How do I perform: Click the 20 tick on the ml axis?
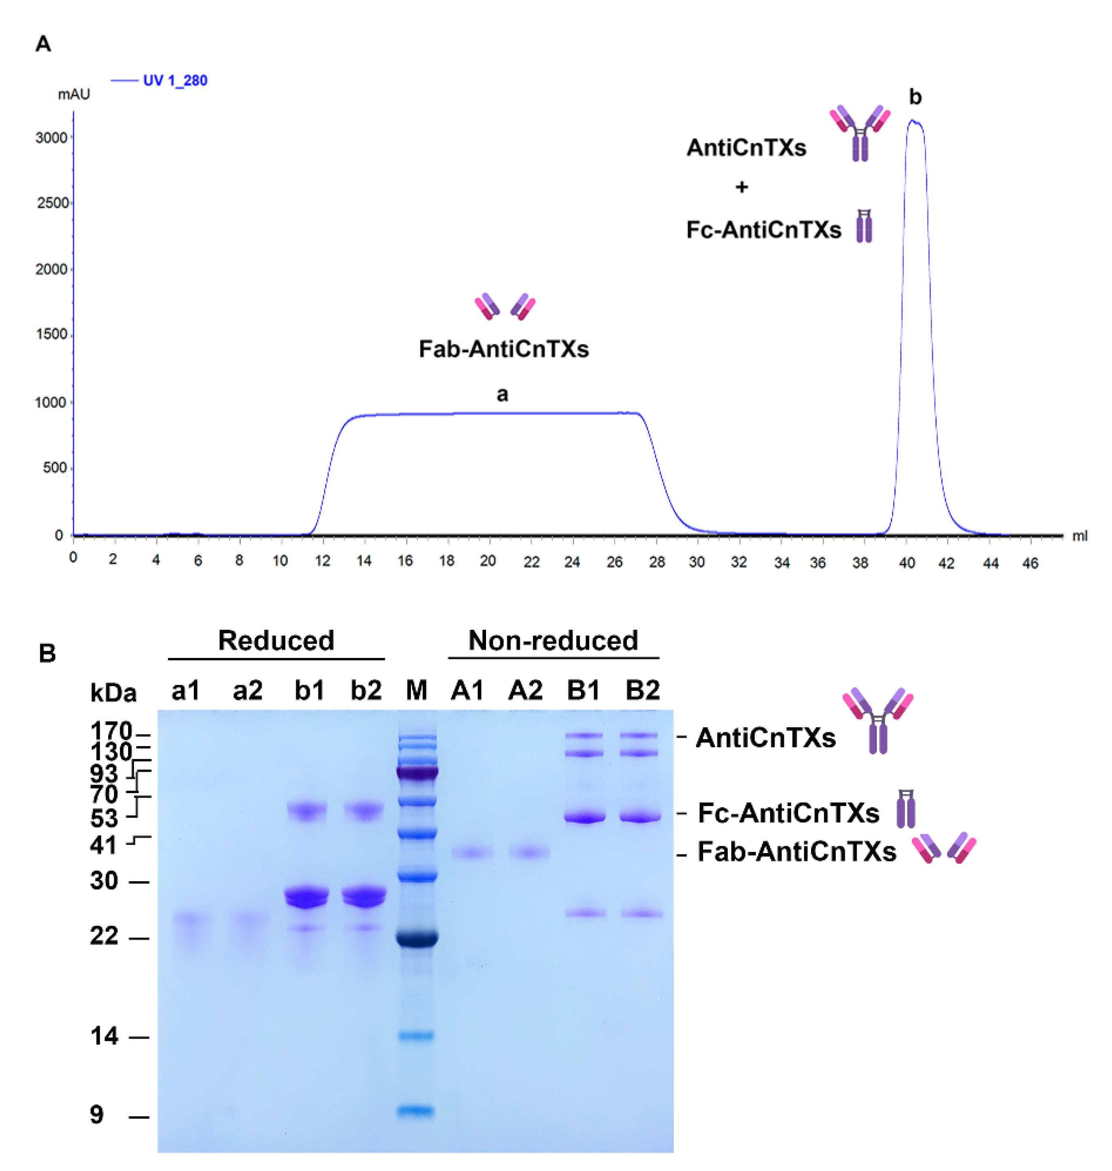tap(487, 561)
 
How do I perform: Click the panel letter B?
tap(47, 653)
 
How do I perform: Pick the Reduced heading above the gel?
tap(276, 640)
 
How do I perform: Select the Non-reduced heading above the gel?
tap(553, 640)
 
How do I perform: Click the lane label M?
tap(416, 690)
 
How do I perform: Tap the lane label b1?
tap(309, 690)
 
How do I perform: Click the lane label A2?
tap(525, 690)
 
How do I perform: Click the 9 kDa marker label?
tap(97, 1115)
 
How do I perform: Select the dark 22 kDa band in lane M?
tap(417, 938)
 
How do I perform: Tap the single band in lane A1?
tap(472, 853)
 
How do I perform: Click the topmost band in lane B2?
tap(639, 735)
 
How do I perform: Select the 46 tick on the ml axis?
tap(1030, 563)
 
